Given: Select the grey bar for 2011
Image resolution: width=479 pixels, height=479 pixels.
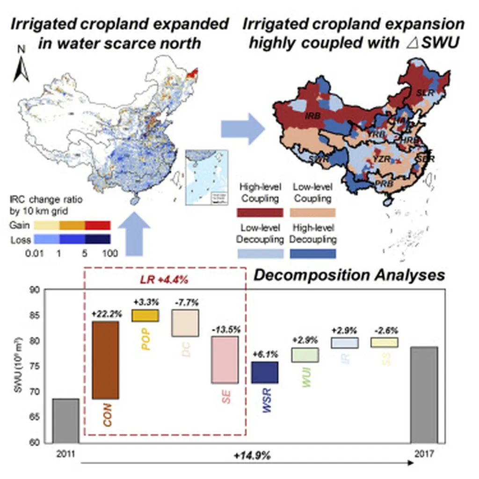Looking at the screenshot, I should (x=65, y=421).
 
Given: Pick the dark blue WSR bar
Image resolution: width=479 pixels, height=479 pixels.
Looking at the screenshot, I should (x=265, y=372).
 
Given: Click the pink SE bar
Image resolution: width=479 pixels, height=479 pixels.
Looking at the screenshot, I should (x=225, y=360).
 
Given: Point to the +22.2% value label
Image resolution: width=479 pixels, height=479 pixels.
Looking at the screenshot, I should (x=105, y=314).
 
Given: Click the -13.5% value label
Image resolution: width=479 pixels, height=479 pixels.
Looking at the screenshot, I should (x=225, y=329).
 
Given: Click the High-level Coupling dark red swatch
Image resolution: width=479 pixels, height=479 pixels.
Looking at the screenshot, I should (x=260, y=213).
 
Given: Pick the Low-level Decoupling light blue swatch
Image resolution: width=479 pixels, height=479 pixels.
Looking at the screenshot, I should (x=260, y=254).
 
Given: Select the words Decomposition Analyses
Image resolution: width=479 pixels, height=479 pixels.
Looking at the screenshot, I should (x=349, y=276).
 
